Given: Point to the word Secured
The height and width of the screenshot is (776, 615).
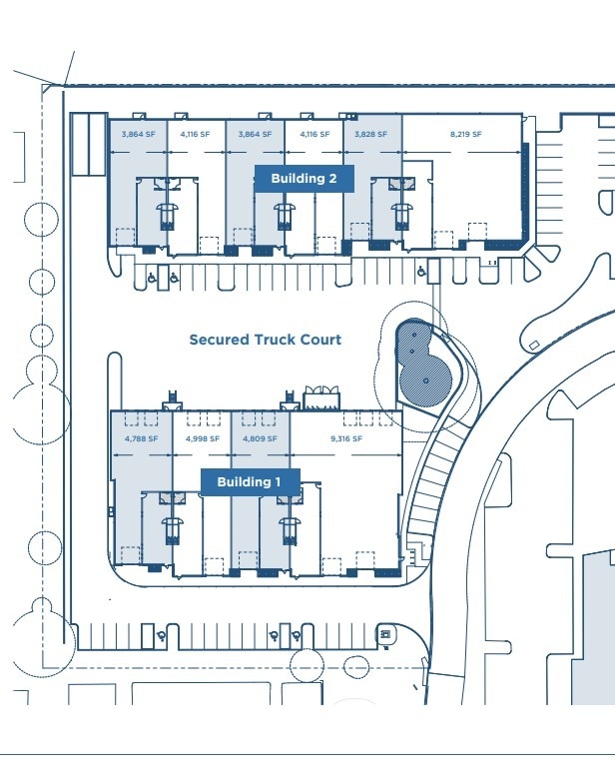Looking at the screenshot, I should click(219, 340).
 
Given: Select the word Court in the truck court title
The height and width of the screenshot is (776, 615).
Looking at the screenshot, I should click(320, 340).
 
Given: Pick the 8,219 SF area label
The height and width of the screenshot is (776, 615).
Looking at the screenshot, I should click(465, 134).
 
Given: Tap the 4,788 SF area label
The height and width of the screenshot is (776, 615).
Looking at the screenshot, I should click(141, 438).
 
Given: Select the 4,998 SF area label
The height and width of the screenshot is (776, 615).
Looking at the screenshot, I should click(202, 438).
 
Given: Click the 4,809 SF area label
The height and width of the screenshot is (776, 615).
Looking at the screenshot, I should click(261, 438).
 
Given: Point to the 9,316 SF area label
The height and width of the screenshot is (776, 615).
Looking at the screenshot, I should click(344, 438).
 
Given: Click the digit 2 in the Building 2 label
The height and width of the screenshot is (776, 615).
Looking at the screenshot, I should click(346, 179).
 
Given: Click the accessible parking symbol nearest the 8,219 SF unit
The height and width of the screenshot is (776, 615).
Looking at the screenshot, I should click(421, 269).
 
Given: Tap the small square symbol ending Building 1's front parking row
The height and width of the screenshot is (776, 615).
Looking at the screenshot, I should click(383, 633).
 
